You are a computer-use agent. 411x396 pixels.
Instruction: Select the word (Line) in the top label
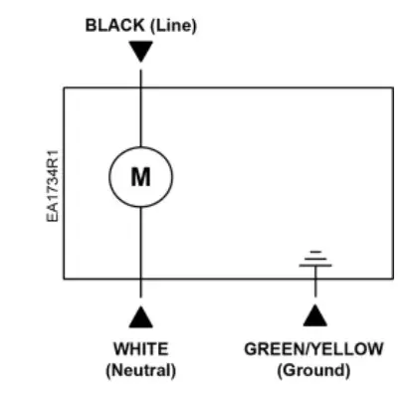click(x=171, y=27)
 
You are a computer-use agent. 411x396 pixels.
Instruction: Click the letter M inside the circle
click(x=140, y=177)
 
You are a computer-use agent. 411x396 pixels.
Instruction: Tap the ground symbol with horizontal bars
click(x=315, y=261)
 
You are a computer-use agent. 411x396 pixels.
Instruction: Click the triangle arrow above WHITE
click(x=140, y=316)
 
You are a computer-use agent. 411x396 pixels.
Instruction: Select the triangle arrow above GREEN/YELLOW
click(x=315, y=316)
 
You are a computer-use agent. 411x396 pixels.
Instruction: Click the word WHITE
click(x=140, y=349)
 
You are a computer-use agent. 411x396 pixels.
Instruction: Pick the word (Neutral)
click(x=140, y=370)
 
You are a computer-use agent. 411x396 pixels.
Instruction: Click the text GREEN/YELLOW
click(x=313, y=349)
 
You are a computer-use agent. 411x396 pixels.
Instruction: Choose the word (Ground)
click(x=313, y=370)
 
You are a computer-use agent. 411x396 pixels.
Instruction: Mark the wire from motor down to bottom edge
click(x=140, y=244)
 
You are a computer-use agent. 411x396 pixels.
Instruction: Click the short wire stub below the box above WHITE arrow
click(x=140, y=292)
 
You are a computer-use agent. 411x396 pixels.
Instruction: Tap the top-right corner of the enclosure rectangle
click(x=390, y=88)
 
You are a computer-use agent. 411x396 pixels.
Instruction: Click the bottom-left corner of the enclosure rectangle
click(x=65, y=279)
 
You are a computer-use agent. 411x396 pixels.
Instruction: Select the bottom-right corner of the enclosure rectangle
click(x=390, y=279)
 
